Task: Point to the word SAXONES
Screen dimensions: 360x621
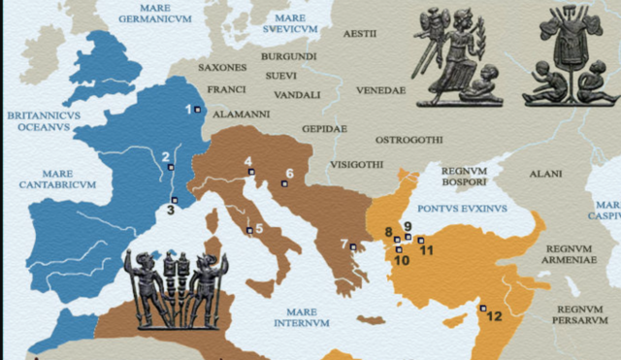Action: pyautogui.click(x=221, y=68)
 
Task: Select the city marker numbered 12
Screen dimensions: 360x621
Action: pyautogui.click(x=483, y=309)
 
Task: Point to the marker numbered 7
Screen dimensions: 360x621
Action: pyautogui.click(x=355, y=246)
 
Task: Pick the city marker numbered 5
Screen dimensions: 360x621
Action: pyautogui.click(x=249, y=230)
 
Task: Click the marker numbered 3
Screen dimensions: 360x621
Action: pyautogui.click(x=175, y=200)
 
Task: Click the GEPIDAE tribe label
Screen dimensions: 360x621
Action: pyautogui.click(x=324, y=128)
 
